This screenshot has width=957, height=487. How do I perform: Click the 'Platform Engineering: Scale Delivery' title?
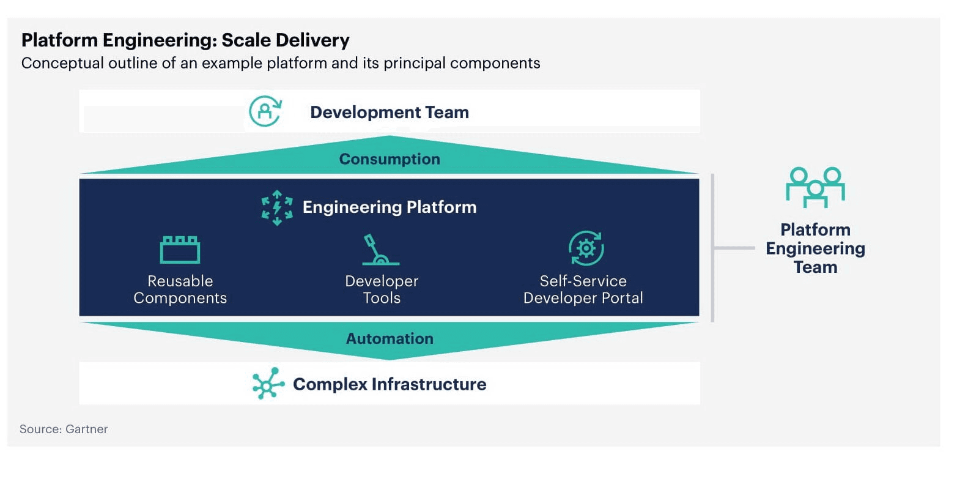185,40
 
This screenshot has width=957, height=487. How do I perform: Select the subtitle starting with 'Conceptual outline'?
281,63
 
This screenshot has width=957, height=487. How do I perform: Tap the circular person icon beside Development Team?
265,111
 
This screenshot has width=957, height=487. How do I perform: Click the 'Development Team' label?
390,112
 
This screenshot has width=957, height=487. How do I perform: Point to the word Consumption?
390,159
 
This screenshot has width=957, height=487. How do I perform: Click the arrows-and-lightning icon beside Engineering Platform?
277,208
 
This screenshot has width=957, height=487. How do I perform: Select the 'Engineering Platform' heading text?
390,207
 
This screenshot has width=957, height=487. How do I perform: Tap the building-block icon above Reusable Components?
180,250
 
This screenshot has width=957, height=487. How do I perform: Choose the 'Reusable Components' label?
180,289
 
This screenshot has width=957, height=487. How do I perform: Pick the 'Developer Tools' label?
382,289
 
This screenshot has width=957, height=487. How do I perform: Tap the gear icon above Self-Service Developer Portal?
586,248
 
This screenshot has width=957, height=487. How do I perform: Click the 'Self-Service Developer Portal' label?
583,289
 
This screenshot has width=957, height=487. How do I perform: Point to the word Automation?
390,338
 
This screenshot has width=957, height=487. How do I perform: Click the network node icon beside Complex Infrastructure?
268,384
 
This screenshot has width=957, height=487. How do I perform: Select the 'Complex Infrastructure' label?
390,384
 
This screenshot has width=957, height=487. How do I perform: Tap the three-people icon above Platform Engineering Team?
816,187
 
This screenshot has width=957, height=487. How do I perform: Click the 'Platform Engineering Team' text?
816,248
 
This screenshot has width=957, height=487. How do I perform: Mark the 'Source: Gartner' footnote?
64,429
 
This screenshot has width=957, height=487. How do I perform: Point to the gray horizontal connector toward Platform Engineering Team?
734,248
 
